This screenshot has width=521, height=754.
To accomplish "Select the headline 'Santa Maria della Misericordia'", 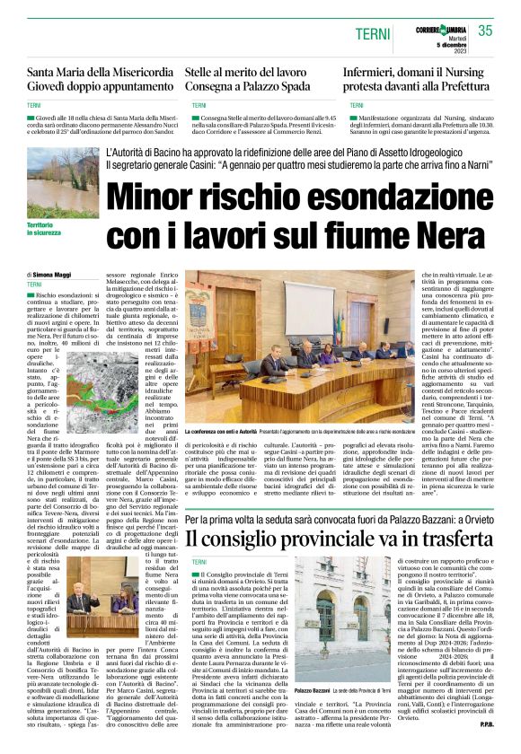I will [x=99, y=73].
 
